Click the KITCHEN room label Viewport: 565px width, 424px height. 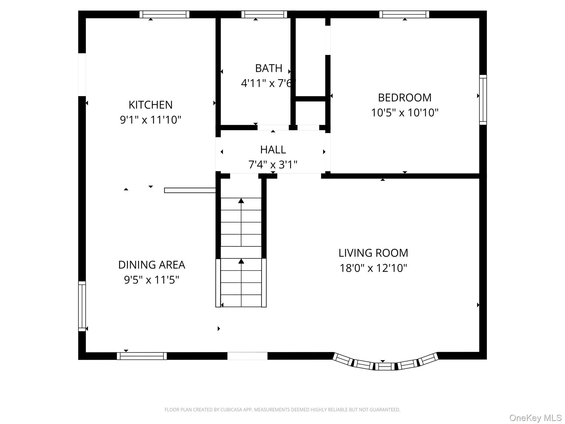(x=150, y=105)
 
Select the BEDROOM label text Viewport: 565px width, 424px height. (x=404, y=98)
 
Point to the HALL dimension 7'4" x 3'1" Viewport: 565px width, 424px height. (x=273, y=165)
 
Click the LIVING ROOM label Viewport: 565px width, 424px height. (x=373, y=253)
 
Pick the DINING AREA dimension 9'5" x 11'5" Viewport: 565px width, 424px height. (x=151, y=280)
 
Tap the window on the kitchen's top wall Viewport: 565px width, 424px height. (x=164, y=14)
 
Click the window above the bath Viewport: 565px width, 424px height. (x=264, y=14)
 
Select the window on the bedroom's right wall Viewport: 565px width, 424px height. (x=483, y=100)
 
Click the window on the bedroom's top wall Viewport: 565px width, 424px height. (x=404, y=14)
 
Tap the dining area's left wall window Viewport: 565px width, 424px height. (x=82, y=306)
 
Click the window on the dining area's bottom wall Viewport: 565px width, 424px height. (x=142, y=356)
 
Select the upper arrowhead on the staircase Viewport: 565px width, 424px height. (x=241, y=201)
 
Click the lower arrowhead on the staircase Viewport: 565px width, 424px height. (x=241, y=261)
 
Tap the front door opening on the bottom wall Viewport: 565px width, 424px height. (x=247, y=356)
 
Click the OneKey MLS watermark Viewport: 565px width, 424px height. (x=535, y=418)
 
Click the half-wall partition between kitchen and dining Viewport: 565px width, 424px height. (x=190, y=190)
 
